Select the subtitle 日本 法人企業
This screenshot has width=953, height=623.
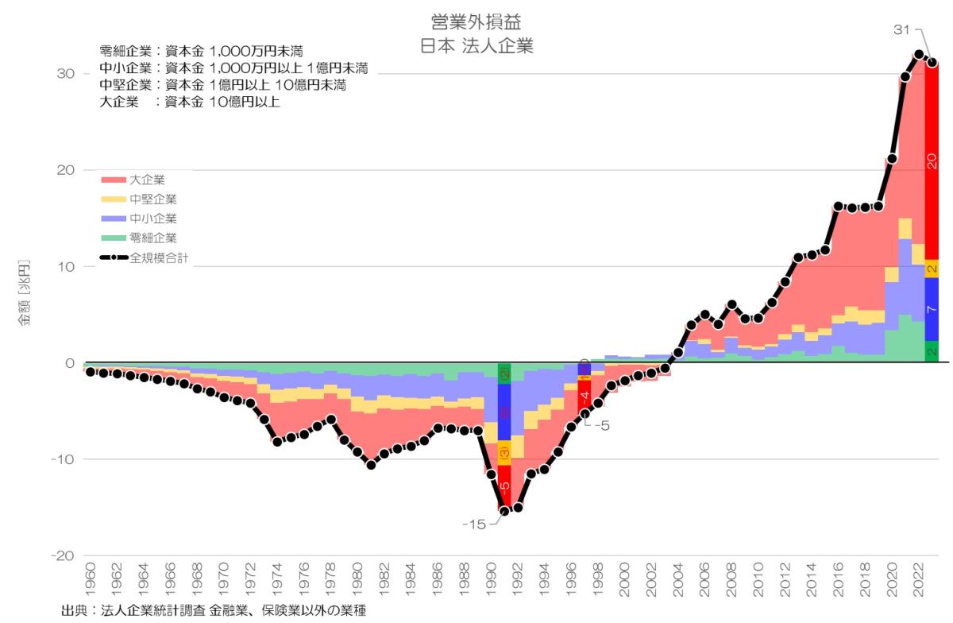click(x=476, y=45)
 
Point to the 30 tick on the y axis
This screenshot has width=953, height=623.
click(x=65, y=74)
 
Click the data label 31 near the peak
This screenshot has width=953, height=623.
click(x=901, y=30)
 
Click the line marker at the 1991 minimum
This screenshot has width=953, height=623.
click(x=504, y=510)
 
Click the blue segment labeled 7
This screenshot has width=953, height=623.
click(x=932, y=309)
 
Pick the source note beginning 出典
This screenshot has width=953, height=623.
click(x=214, y=611)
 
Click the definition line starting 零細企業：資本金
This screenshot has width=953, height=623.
click(x=202, y=52)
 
